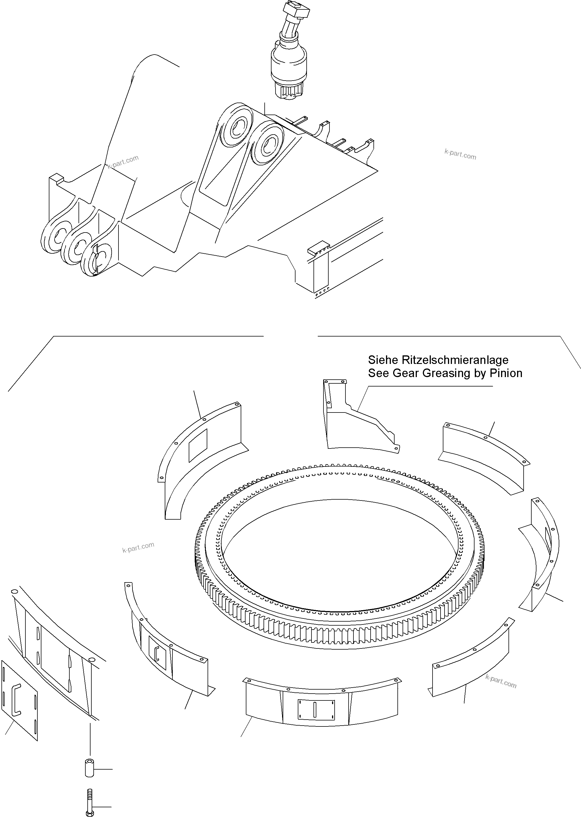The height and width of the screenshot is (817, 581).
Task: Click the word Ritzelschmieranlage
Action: point(455,360)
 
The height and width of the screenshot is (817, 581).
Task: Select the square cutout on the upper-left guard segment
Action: point(198,445)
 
